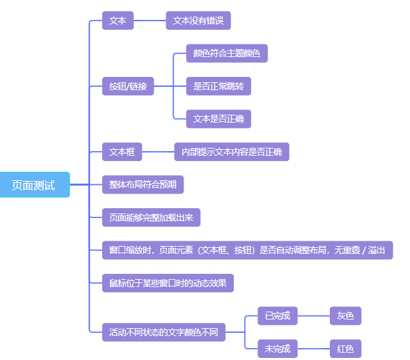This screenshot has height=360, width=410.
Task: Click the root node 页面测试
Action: click(x=34, y=184)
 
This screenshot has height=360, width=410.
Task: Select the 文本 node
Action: click(x=118, y=21)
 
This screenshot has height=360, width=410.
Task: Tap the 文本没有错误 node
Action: click(x=198, y=21)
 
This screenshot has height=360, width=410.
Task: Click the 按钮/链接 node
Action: click(x=128, y=86)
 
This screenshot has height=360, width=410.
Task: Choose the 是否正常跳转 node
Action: click(x=219, y=86)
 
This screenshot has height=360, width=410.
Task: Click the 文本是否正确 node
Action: click(x=219, y=119)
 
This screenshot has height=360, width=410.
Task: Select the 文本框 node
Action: click(x=122, y=152)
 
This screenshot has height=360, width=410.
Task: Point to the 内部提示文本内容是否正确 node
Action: click(x=231, y=152)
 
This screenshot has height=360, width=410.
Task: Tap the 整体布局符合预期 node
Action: click(x=142, y=184)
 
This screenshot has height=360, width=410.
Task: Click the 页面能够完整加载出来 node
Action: click(x=151, y=217)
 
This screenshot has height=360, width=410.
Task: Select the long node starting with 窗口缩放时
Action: click(x=247, y=250)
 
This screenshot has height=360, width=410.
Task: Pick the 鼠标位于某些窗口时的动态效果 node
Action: click(x=168, y=283)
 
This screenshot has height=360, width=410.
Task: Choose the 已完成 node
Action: click(x=278, y=316)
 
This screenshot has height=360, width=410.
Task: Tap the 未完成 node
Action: click(x=278, y=348)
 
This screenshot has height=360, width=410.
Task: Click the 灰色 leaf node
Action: click(x=345, y=316)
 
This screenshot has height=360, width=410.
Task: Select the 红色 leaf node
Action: click(x=345, y=348)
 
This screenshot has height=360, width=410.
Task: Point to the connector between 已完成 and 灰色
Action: click(x=313, y=316)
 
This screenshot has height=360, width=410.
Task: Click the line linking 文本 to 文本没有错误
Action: click(x=150, y=21)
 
